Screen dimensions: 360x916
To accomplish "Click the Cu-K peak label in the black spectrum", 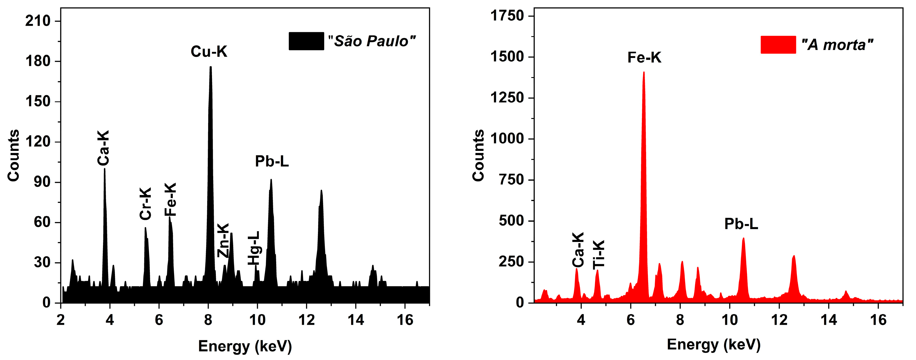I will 209,52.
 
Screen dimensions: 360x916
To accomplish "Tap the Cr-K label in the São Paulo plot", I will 146,203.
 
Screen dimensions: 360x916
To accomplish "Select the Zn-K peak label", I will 223,240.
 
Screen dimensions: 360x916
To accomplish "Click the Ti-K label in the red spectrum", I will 599,254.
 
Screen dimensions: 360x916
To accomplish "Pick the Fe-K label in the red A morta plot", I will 644,58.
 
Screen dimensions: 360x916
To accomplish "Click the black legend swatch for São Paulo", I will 306,41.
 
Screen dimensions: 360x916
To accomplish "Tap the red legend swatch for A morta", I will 778,45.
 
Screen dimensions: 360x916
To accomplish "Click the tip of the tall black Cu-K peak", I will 210,67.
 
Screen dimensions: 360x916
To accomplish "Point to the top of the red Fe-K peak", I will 644,73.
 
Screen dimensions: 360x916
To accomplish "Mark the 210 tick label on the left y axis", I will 38,21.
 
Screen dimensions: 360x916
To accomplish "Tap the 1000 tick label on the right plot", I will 507,138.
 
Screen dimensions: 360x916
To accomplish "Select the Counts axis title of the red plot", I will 478,155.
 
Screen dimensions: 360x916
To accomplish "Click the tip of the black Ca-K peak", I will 104,169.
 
